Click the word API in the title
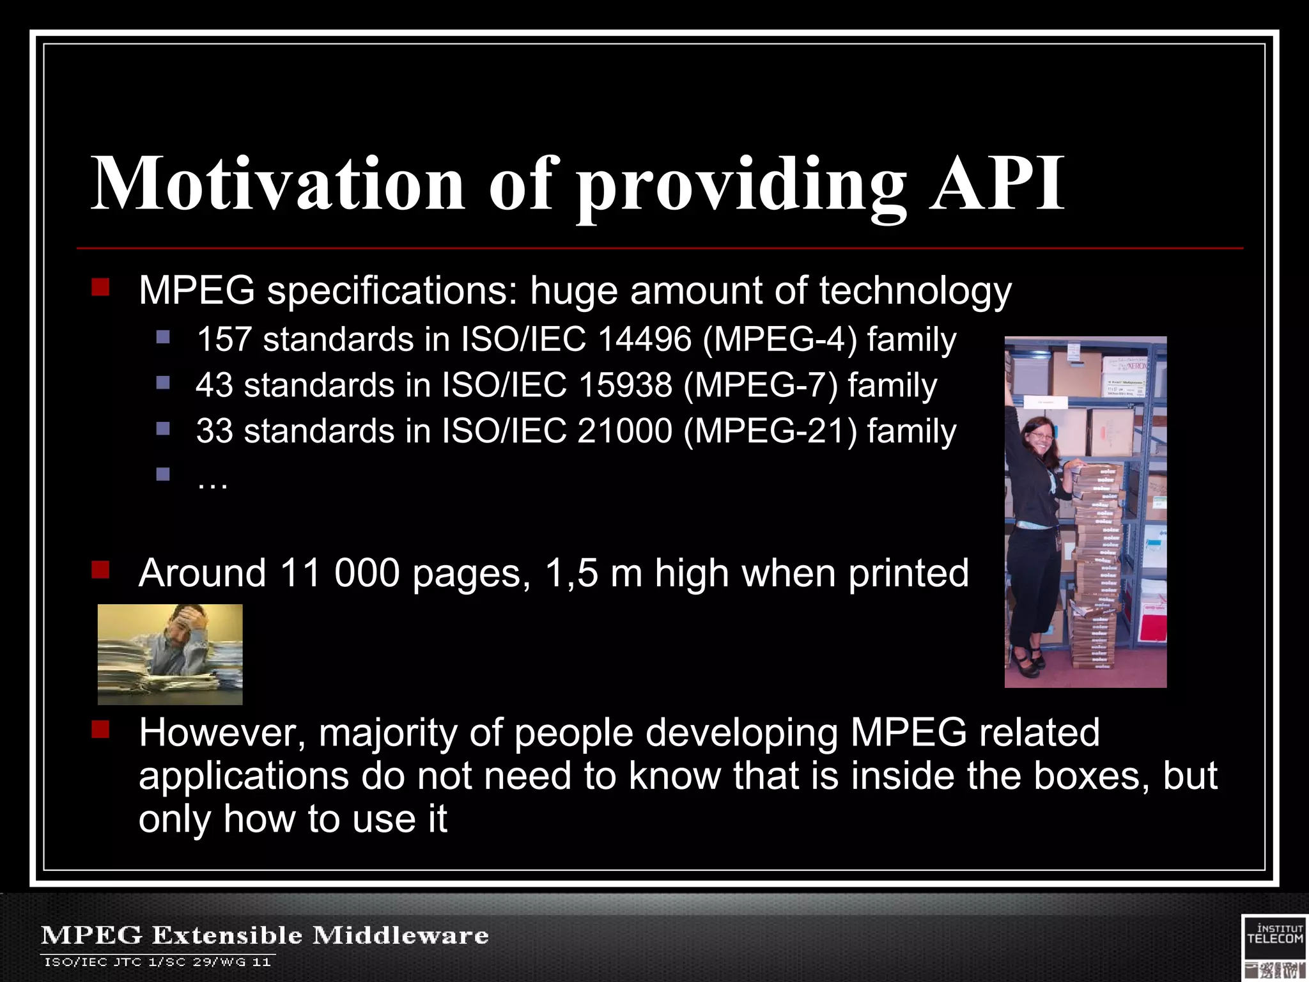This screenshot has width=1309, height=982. click(x=996, y=184)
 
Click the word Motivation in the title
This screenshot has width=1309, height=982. click(x=277, y=184)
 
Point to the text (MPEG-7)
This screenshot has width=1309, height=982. click(x=760, y=385)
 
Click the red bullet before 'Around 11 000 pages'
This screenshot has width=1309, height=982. click(x=100, y=569)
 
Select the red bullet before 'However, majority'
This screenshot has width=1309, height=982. click(x=100, y=729)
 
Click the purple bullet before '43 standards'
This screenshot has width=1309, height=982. click(x=163, y=382)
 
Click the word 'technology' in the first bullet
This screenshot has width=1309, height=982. click(x=915, y=292)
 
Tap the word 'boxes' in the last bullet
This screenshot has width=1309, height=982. click(x=1088, y=776)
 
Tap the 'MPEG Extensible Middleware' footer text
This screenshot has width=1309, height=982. click(x=265, y=935)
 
